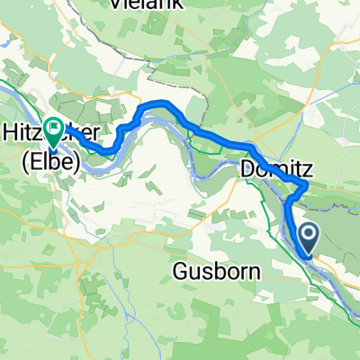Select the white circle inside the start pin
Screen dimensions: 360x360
pyautogui.click(x=308, y=236)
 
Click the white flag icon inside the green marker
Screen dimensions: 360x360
pyautogui.click(x=54, y=130)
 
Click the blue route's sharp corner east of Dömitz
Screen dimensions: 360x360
pyautogui.click(x=306, y=184)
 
